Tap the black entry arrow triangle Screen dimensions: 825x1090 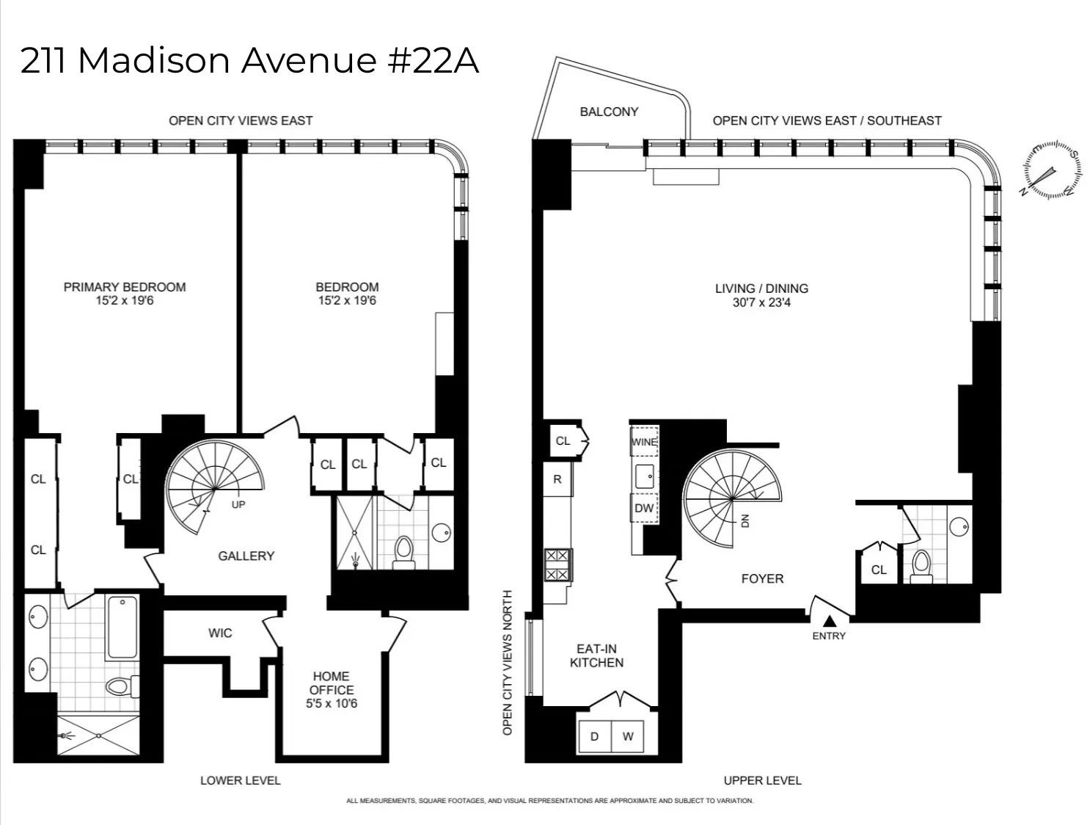[x=829, y=621]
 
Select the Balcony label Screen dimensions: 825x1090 [x=609, y=112]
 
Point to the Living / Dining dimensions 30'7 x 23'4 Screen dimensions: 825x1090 [x=761, y=302]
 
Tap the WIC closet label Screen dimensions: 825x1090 [x=220, y=633]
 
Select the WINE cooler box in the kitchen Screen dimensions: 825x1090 [x=644, y=442]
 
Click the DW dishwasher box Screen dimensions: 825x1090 [x=644, y=508]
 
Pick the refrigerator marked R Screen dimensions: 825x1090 [x=557, y=479]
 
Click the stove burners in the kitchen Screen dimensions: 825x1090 [x=557, y=565]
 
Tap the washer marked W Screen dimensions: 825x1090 [x=628, y=736]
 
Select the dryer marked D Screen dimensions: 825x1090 [x=594, y=736]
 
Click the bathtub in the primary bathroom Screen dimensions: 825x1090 [x=122, y=628]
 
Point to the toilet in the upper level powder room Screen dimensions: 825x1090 [x=921, y=565]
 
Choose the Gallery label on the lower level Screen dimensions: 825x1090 [x=246, y=556]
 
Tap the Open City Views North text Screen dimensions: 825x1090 [x=508, y=662]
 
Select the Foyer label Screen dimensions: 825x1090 [x=762, y=578]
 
